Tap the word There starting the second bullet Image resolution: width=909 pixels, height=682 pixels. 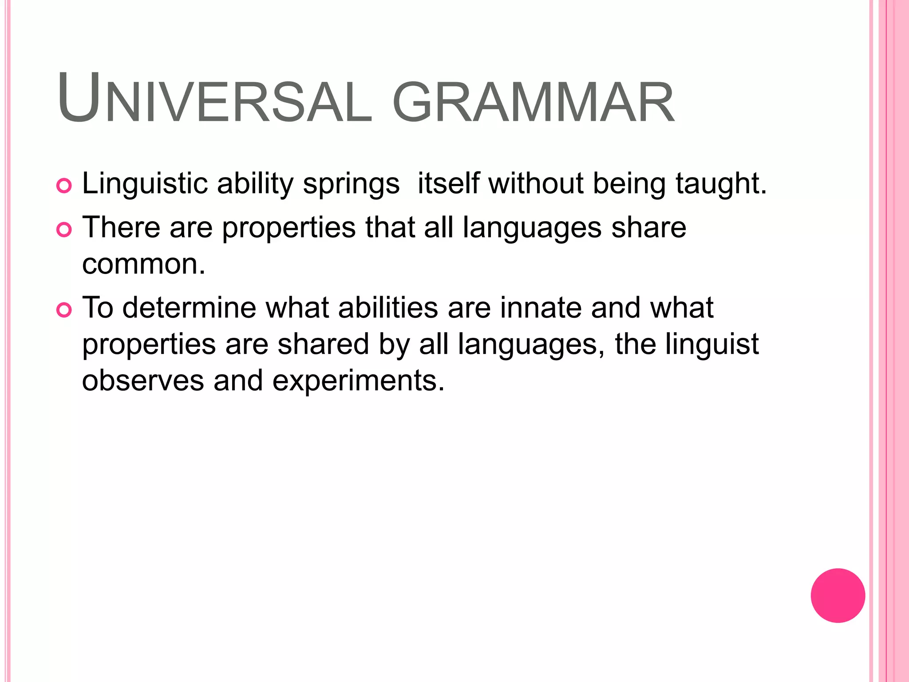tap(121, 227)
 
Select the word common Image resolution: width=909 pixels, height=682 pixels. tap(143, 264)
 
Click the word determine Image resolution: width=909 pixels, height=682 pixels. tap(189, 308)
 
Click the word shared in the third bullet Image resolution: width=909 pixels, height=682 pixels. tap(323, 345)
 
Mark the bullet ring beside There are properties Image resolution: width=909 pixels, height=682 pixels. tap(64, 230)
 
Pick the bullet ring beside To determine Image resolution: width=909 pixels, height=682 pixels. tap(64, 310)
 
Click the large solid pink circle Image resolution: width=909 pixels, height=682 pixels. tap(838, 595)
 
